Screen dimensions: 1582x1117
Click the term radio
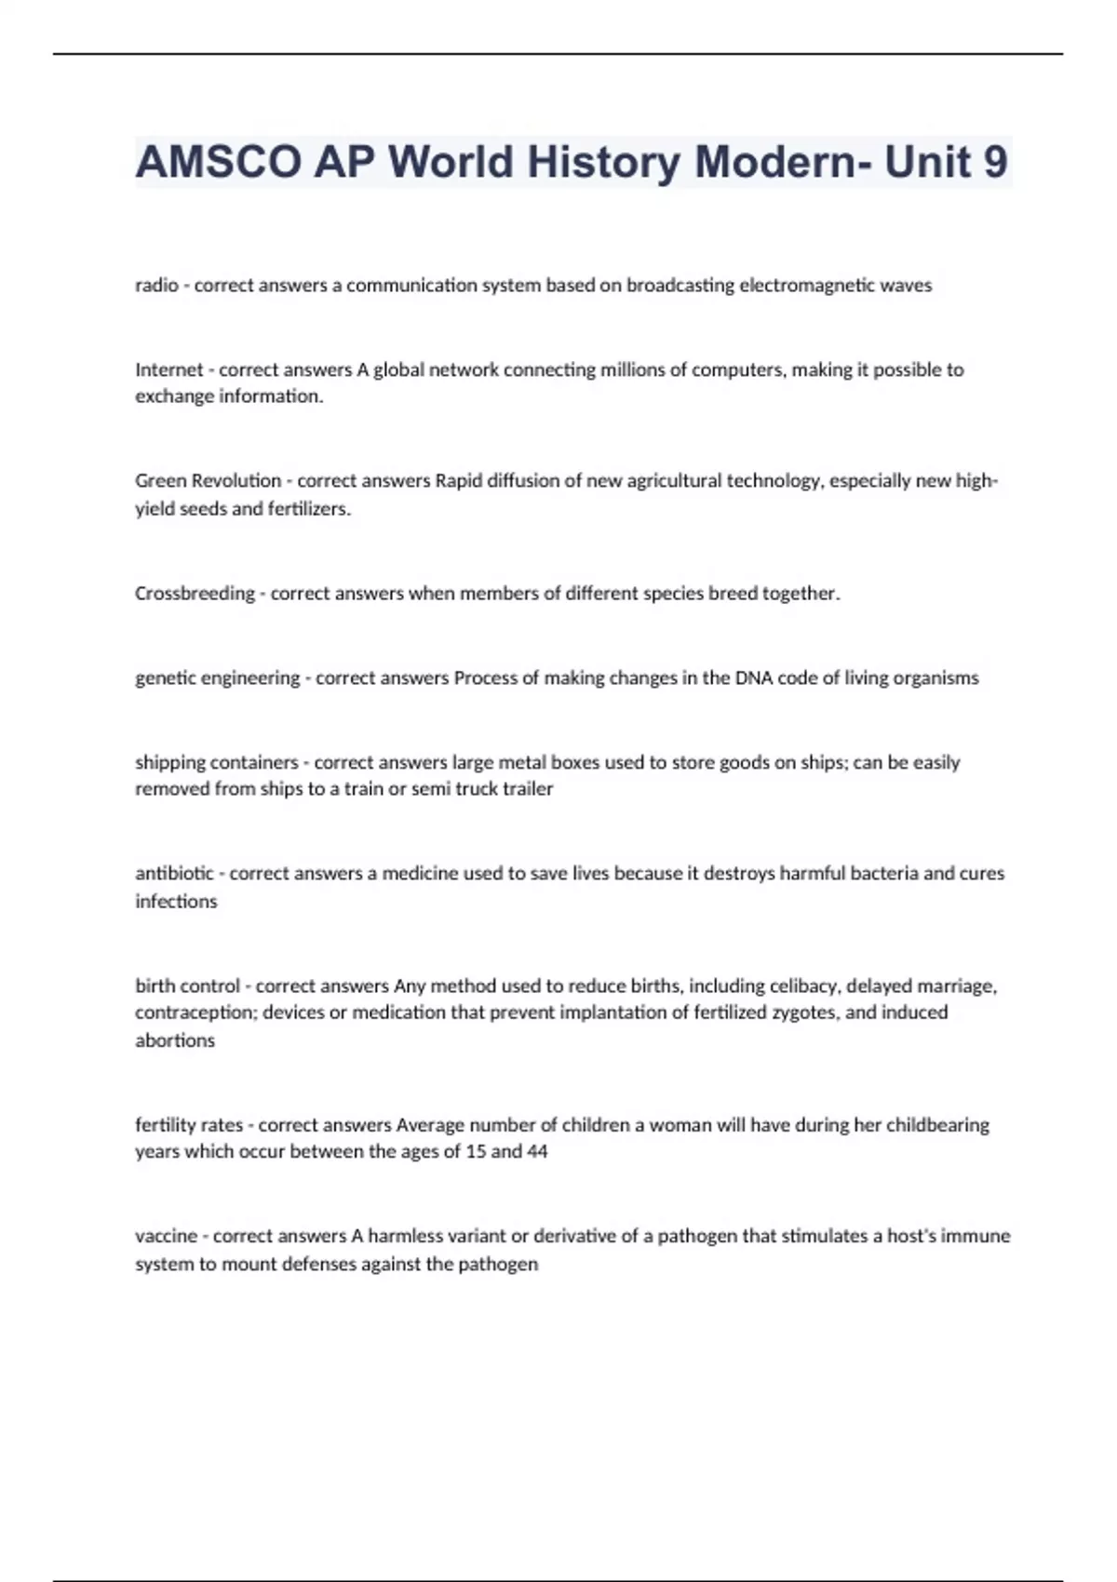point(156,286)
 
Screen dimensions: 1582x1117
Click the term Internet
point(168,369)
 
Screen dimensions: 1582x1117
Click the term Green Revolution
point(208,481)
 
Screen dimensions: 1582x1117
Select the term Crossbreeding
point(195,594)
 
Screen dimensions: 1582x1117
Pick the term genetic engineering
point(217,678)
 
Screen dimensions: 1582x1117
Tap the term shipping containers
point(216,763)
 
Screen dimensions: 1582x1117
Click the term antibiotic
point(174,874)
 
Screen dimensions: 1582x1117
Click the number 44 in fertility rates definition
point(537,1152)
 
